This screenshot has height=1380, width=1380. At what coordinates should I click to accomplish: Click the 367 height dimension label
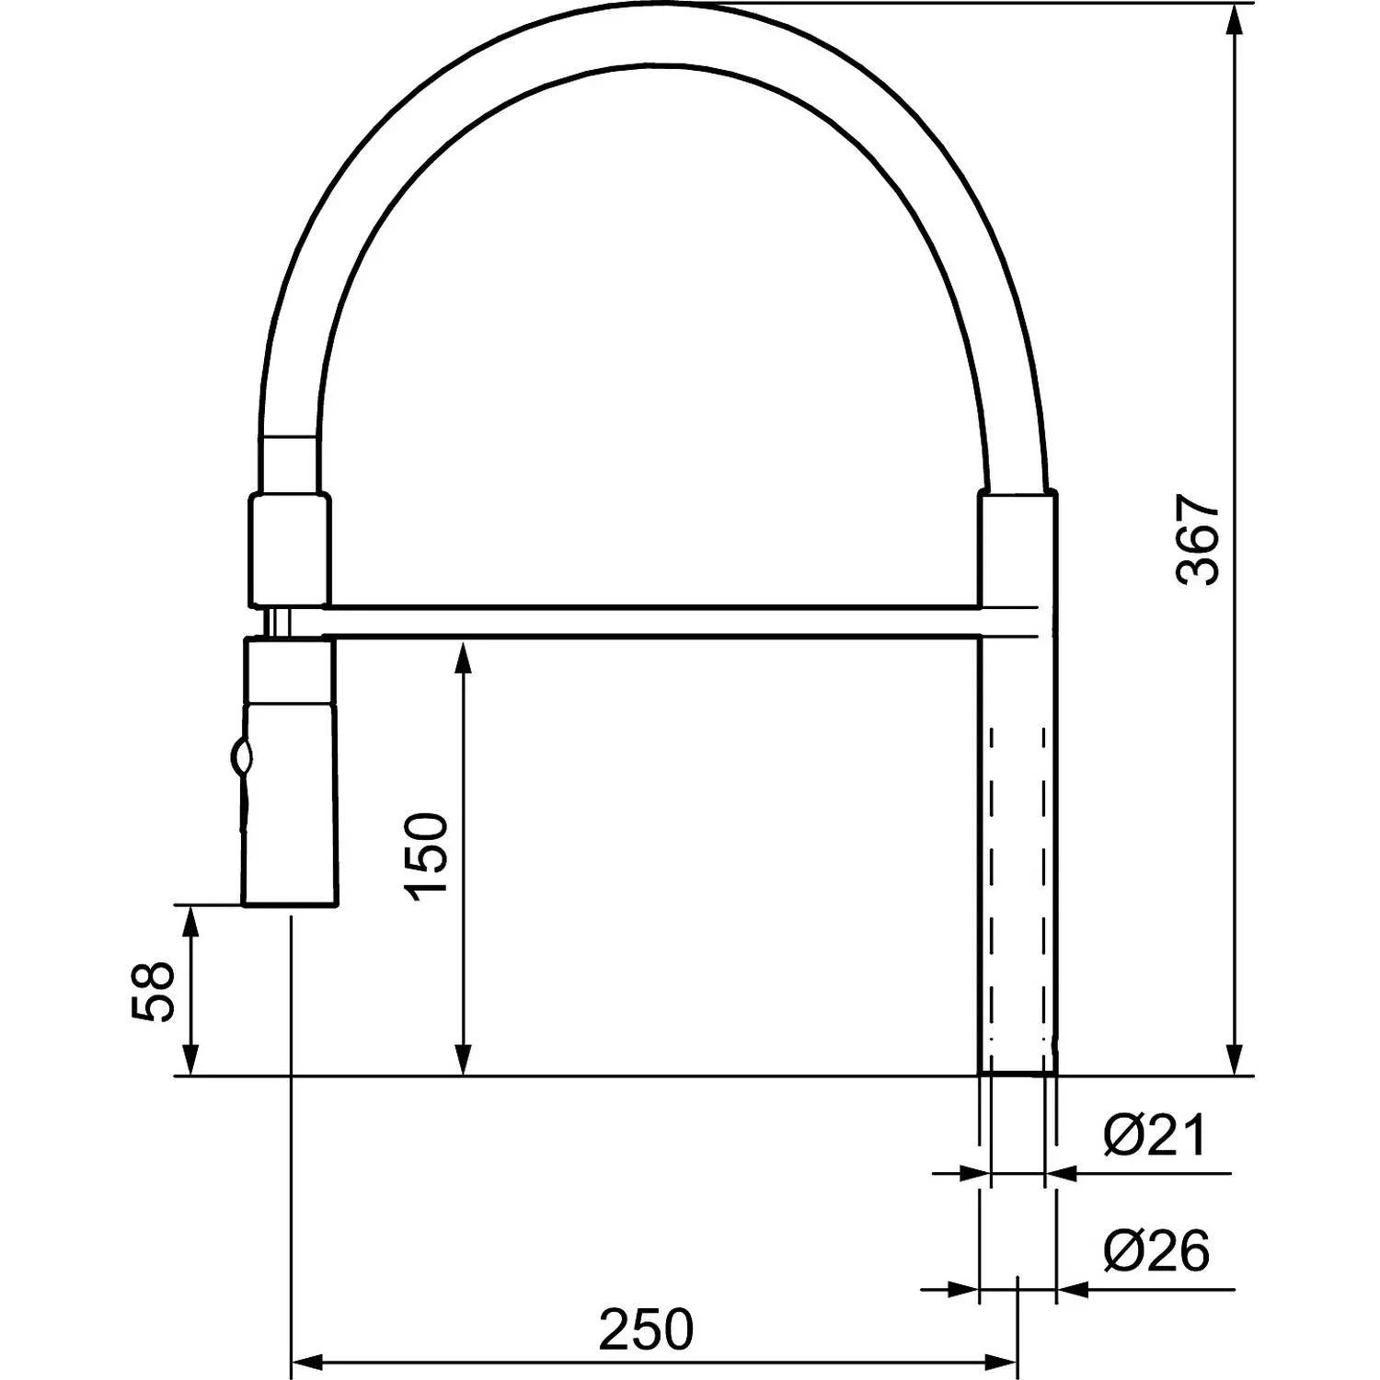pyautogui.click(x=1198, y=540)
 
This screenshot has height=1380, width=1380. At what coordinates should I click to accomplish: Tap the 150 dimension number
pyautogui.click(x=428, y=857)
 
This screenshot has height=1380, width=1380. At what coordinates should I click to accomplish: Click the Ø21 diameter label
pyautogui.click(x=1155, y=1136)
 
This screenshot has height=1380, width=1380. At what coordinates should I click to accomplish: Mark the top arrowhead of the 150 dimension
pyautogui.click(x=465, y=660)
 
